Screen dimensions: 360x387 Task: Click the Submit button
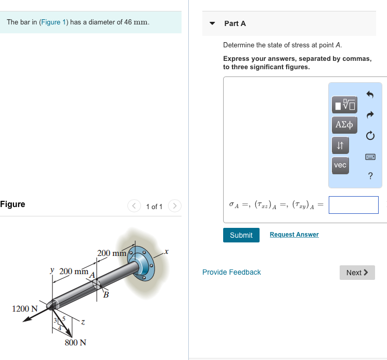tap(241, 235)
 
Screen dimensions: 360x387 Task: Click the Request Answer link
tap(294, 235)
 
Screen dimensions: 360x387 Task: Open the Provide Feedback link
tap(231, 272)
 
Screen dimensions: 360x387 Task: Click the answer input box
tap(353, 205)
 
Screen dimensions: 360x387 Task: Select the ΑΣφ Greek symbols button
tap(344, 125)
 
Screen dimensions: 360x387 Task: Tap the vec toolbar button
tap(340, 165)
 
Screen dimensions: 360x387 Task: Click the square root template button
tap(344, 105)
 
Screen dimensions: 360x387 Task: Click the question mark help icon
tap(370, 176)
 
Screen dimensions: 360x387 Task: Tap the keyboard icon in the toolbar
tap(370, 156)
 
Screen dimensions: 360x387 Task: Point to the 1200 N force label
tap(24, 308)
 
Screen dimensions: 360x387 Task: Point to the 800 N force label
tap(75, 342)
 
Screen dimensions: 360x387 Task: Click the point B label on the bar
tap(106, 295)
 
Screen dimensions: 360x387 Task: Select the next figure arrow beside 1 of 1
tap(175, 207)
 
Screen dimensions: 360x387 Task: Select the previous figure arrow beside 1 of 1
tap(135, 207)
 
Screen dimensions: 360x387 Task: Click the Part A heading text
tap(235, 23)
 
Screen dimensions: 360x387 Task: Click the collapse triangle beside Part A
tap(212, 23)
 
